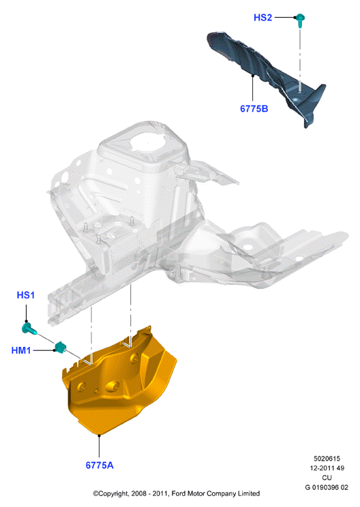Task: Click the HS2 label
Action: coord(262,18)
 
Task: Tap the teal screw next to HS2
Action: coord(300,20)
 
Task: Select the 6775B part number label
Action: coord(254,108)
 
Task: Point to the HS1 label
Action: coord(25,295)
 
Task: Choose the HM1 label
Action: coord(21,350)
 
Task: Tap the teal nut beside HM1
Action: coord(60,347)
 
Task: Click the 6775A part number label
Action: coord(100,465)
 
